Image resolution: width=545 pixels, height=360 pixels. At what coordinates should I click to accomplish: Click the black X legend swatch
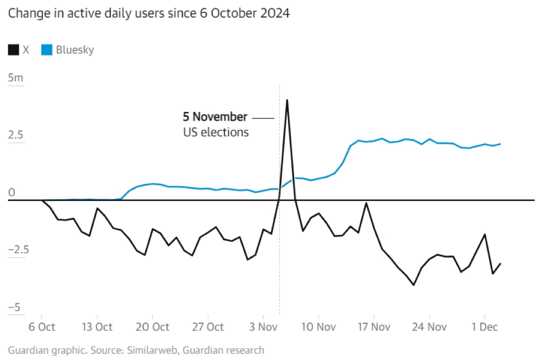pyautogui.click(x=13, y=50)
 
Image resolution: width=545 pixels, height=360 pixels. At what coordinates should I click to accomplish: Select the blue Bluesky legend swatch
pyautogui.click(x=47, y=50)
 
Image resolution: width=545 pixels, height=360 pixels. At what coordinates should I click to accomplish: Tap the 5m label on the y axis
pyautogui.click(x=16, y=78)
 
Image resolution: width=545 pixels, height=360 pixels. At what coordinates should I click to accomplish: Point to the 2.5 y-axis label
pyautogui.click(x=16, y=135)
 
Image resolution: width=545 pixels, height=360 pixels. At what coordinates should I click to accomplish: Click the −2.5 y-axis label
pyautogui.click(x=18, y=249)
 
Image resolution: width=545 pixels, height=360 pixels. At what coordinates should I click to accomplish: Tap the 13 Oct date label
pyautogui.click(x=97, y=327)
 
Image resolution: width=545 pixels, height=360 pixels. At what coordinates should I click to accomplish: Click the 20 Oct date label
pyautogui.click(x=152, y=327)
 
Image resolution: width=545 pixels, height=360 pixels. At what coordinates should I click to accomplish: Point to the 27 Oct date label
pyautogui.click(x=207, y=327)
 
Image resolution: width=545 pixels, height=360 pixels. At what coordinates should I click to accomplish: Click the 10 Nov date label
pyautogui.click(x=318, y=327)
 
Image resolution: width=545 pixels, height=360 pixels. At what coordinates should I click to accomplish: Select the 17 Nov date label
pyautogui.click(x=374, y=327)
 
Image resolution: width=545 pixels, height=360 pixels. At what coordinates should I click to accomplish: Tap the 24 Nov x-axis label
pyautogui.click(x=429, y=327)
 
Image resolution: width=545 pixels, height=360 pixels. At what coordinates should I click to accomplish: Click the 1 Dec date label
pyautogui.click(x=484, y=327)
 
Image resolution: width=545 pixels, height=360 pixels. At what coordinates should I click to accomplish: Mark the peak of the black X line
pyautogui.click(x=287, y=100)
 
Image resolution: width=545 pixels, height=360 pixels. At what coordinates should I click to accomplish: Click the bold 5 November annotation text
pyautogui.click(x=215, y=117)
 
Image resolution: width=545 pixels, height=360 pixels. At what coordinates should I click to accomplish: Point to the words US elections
pyautogui.click(x=216, y=132)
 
